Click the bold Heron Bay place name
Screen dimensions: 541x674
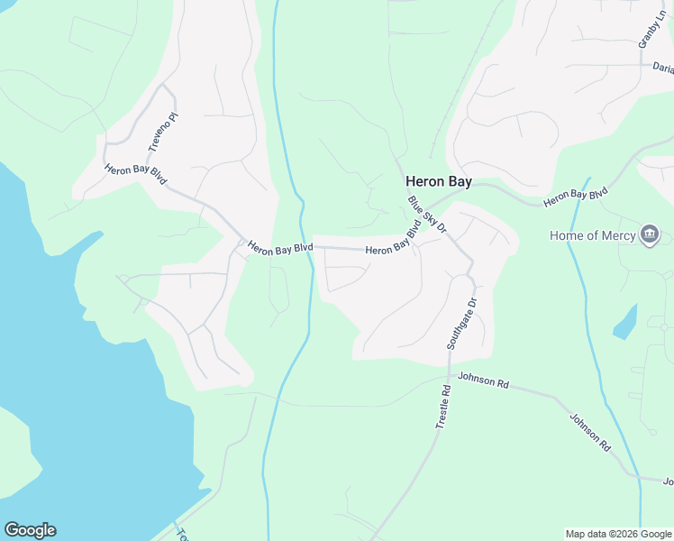click(x=438, y=181)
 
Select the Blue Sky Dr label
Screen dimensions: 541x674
click(x=427, y=215)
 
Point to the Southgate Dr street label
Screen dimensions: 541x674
click(x=461, y=323)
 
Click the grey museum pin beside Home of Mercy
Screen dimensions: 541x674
click(x=649, y=236)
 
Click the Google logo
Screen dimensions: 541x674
click(x=30, y=530)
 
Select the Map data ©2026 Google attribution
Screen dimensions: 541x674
click(x=617, y=534)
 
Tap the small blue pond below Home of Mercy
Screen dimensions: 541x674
click(x=625, y=324)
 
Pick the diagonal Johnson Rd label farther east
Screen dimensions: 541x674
click(x=591, y=432)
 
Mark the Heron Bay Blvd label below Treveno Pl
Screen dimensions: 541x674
click(x=136, y=174)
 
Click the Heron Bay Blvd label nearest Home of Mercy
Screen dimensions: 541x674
click(x=576, y=195)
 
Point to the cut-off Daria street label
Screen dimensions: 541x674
click(x=662, y=67)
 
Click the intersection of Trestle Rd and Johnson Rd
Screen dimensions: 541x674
click(x=449, y=372)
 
